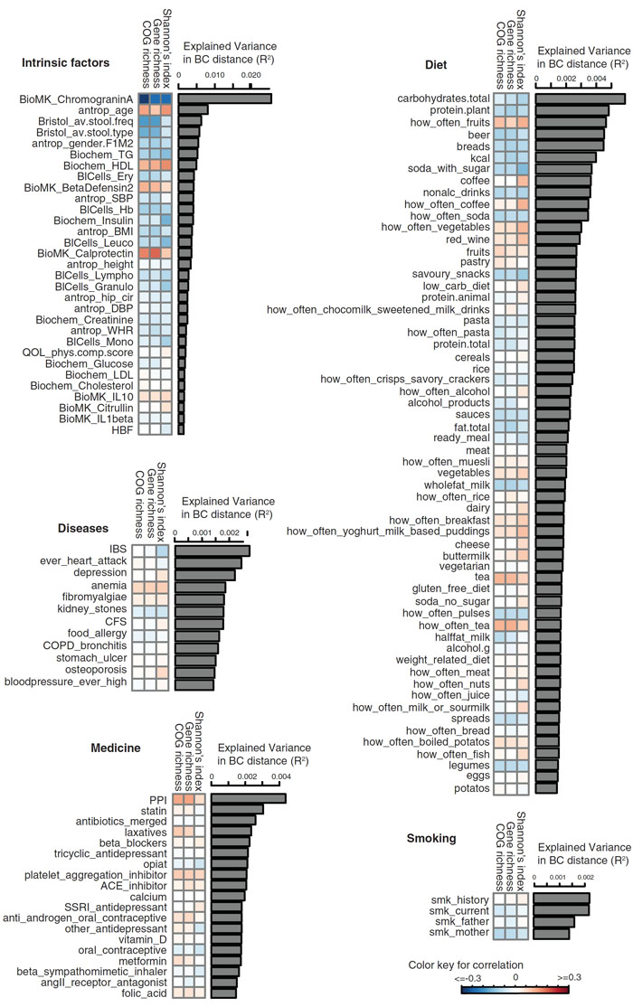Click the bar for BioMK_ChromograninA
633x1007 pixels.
tap(224, 99)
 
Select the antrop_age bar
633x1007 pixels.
tap(194, 109)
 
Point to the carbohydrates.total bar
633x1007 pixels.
tap(580, 99)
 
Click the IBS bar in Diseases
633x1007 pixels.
tap(212, 551)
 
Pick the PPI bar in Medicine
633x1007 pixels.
tap(248, 798)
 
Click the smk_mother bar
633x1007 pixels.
tap(552, 932)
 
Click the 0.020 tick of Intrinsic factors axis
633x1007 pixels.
tap(250, 74)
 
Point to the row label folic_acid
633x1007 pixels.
tap(142, 993)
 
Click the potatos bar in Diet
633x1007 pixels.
tap(545, 788)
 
